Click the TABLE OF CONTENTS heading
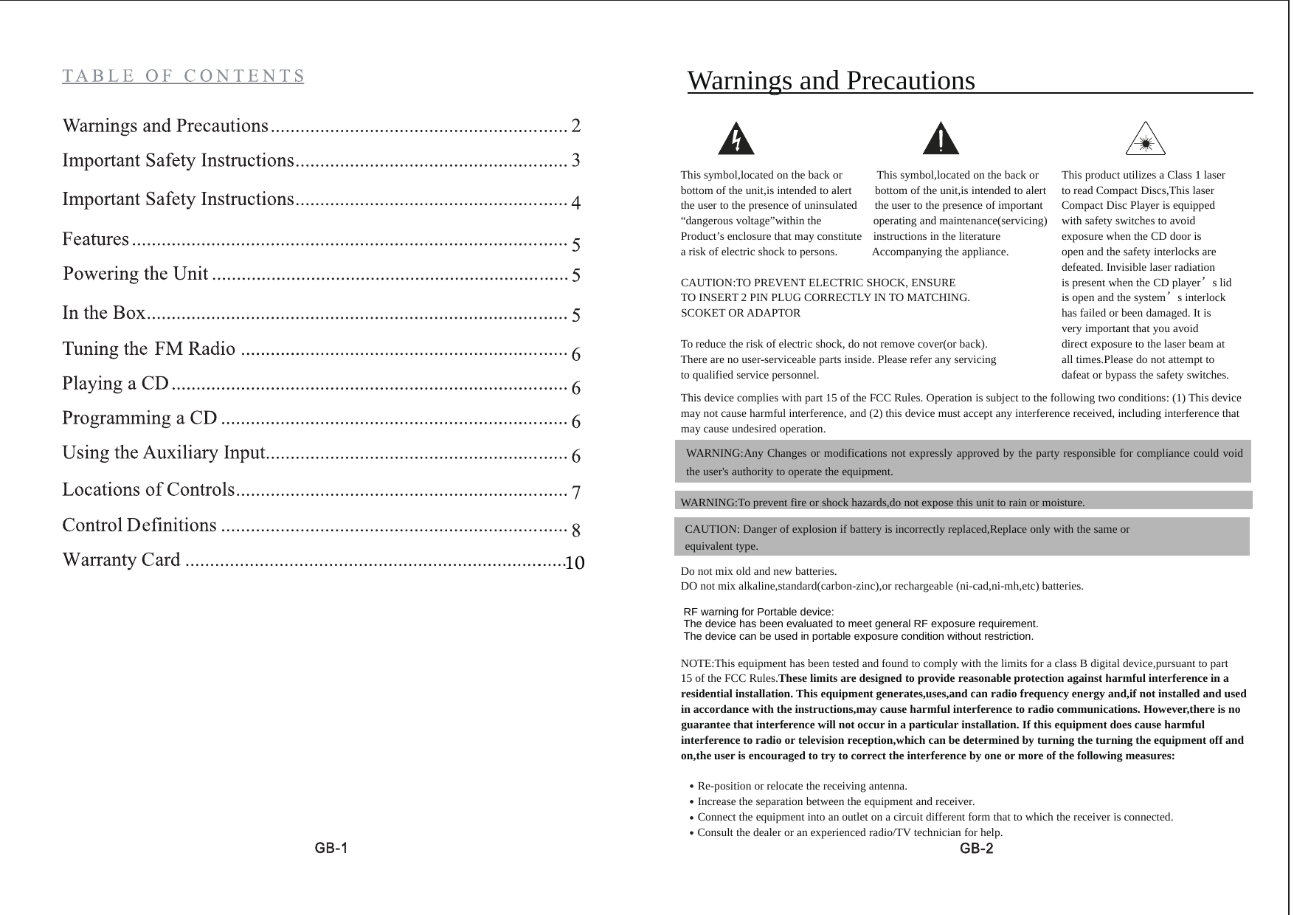tap(183, 76)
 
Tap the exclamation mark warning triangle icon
tap(941, 139)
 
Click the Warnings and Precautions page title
tap(831, 80)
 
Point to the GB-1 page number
tap(331, 848)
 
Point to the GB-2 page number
tap(976, 849)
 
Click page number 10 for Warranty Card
tap(575, 563)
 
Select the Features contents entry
tap(96, 239)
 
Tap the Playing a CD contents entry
tap(116, 384)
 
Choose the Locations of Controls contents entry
tap(148, 489)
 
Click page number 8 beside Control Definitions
tap(576, 530)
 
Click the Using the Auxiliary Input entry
tap(164, 452)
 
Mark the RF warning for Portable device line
tap(758, 612)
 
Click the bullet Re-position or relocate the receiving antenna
tap(802, 786)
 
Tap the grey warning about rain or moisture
tap(882, 503)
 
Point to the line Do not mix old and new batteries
tap(758, 571)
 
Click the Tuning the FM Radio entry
tap(149, 348)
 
